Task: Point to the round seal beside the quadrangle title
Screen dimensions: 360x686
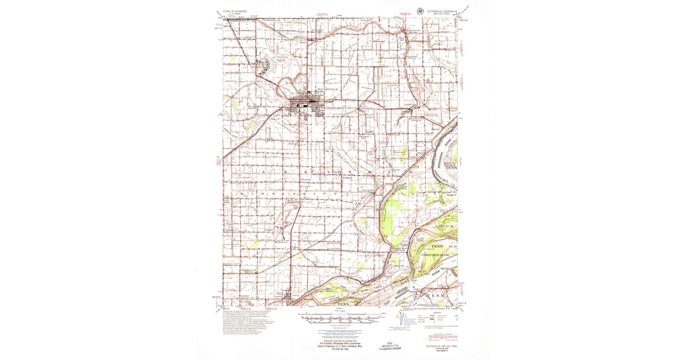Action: pyautogui.click(x=421, y=10)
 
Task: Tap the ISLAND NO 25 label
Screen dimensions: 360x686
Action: pyautogui.click(x=444, y=227)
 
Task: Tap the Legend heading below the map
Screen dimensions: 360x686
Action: pyautogui.click(x=437, y=312)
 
